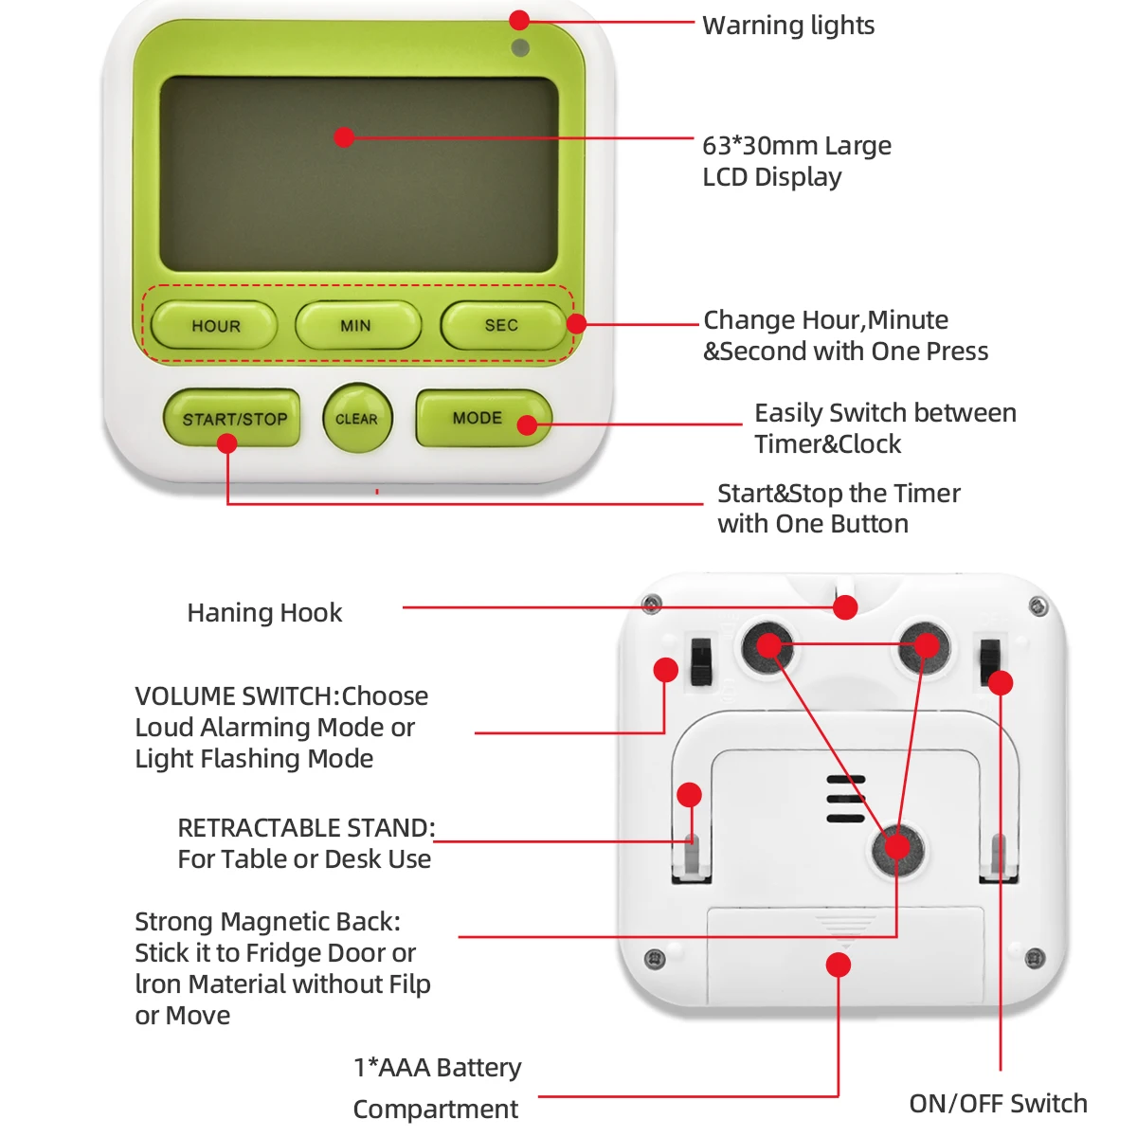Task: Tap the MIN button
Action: click(x=357, y=326)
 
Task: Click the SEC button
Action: click(x=501, y=326)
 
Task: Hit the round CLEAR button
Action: click(x=356, y=419)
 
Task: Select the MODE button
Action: click(x=477, y=418)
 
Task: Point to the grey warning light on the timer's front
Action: click(x=520, y=47)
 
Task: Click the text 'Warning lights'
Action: click(x=788, y=26)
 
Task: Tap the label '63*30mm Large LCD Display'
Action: click(x=796, y=161)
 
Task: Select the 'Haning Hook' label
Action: click(x=264, y=613)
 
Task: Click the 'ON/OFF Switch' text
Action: click(x=998, y=1104)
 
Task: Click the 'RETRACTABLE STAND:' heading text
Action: click(x=305, y=828)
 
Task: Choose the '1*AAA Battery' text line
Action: click(x=437, y=1068)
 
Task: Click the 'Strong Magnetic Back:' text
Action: click(x=267, y=922)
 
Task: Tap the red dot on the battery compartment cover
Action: click(x=838, y=966)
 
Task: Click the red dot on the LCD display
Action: click(x=344, y=137)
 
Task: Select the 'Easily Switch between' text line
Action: click(x=885, y=413)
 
